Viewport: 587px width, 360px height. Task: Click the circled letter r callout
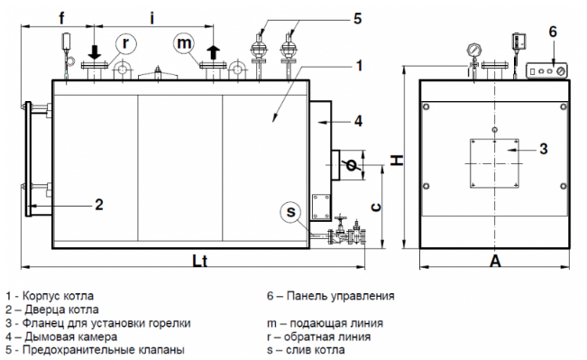tap(126, 44)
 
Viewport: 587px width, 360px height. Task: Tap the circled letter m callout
tap(184, 42)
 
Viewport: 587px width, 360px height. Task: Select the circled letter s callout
tap(290, 212)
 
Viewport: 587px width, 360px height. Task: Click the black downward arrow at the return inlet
tap(95, 52)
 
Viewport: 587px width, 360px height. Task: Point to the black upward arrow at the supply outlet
tap(214, 51)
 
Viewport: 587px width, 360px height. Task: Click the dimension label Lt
tap(199, 261)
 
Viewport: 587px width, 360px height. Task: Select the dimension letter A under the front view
tap(495, 261)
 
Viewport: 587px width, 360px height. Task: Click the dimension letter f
tap(62, 17)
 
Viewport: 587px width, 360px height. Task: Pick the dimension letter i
tap(152, 17)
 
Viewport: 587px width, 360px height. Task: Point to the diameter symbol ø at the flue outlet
tap(351, 164)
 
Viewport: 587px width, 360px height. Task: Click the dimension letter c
tap(376, 208)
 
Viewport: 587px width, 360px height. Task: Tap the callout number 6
tap(553, 32)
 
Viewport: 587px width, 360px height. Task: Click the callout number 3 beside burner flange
tap(544, 149)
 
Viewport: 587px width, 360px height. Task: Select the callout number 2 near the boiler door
tap(98, 205)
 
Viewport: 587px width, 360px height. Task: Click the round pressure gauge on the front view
tap(473, 51)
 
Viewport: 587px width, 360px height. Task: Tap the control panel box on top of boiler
tap(546, 70)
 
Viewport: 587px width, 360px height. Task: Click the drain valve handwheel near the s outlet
tap(340, 218)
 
